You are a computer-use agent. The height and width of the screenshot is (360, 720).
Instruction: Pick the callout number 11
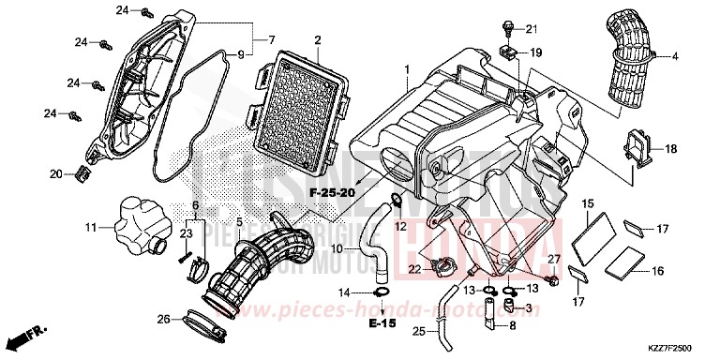[92, 228]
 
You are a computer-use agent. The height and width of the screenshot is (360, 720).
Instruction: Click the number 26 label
[164, 320]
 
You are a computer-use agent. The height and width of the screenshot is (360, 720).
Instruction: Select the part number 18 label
[670, 149]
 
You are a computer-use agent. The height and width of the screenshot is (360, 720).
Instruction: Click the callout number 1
[407, 70]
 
